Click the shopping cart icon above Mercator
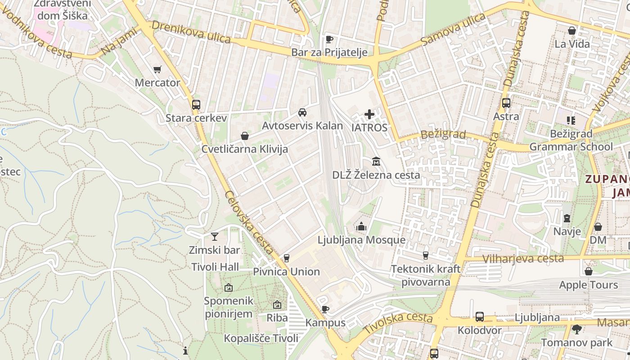click(157, 69)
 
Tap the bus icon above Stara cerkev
click(196, 104)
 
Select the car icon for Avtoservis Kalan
click(302, 112)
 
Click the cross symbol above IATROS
click(369, 114)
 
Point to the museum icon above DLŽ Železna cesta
click(376, 161)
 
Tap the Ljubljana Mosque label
click(361, 240)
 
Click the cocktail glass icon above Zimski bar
click(215, 236)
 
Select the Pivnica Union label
click(286, 271)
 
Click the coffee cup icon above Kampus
click(325, 309)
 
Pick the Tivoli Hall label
click(215, 267)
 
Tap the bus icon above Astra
click(506, 103)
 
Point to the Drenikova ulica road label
click(191, 32)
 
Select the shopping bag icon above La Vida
click(572, 31)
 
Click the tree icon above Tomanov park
click(577, 329)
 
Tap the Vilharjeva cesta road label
click(522, 258)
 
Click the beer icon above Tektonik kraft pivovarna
click(425, 256)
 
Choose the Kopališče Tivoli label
click(261, 338)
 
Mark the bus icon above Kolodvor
click(480, 317)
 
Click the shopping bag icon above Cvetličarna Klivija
click(245, 135)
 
